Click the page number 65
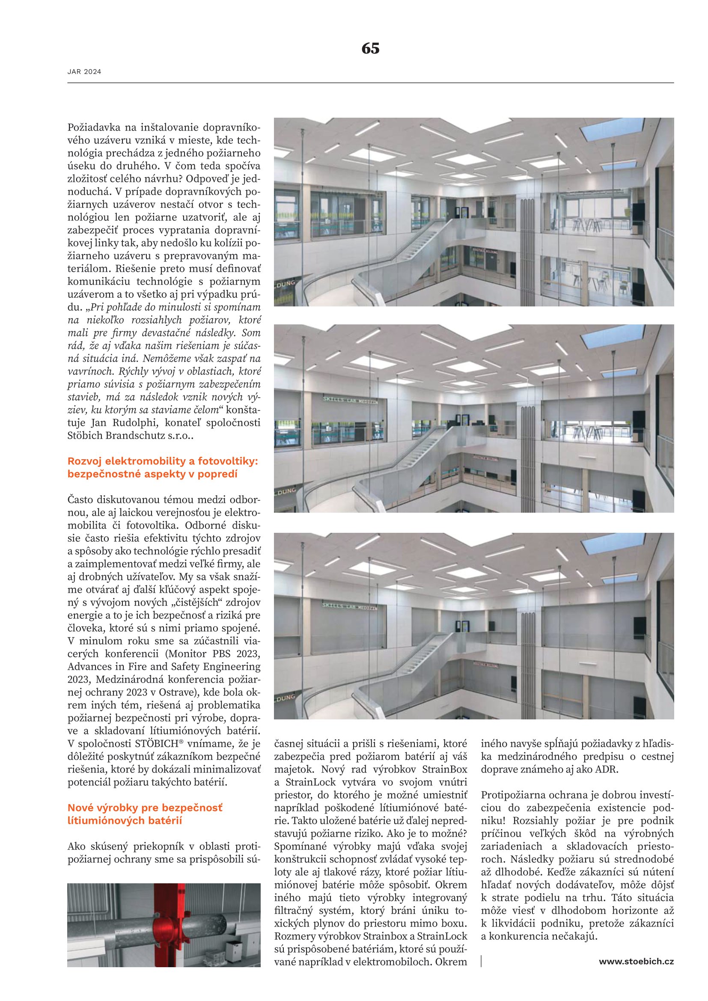pos(370,48)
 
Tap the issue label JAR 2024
pos(84,72)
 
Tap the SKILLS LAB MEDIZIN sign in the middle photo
pos(350,400)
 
